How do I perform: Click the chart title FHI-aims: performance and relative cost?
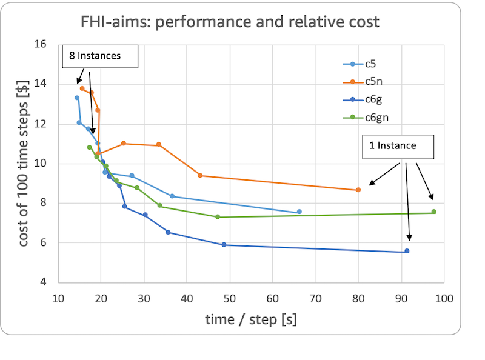[230, 22]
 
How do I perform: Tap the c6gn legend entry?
[376, 118]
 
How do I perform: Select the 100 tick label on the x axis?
[444, 298]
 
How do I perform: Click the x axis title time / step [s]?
[250, 319]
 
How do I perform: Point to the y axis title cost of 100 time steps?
[23, 164]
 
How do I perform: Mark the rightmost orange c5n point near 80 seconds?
[358, 190]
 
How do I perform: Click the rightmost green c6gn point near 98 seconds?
[433, 212]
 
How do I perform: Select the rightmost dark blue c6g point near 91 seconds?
[407, 251]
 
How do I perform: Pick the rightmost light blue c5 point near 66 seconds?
[299, 212]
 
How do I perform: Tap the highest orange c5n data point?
[82, 88]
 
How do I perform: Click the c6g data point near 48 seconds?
[224, 245]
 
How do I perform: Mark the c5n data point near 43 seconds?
[200, 175]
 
